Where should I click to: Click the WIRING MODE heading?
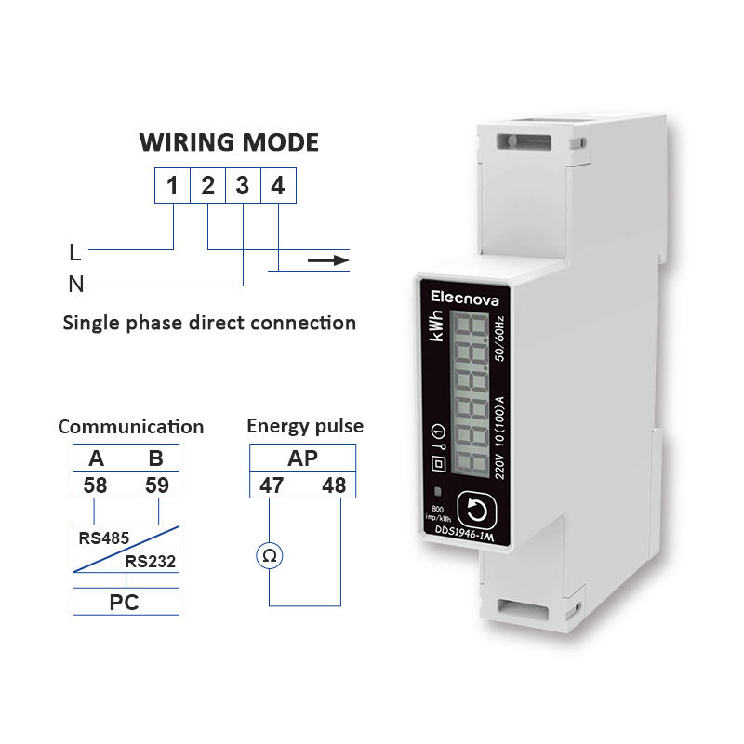point(229,142)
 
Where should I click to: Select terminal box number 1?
point(172,186)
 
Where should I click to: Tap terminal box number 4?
point(277,186)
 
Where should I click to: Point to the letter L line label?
point(74,251)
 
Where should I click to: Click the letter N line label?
point(75,285)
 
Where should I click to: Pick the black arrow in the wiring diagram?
point(327,260)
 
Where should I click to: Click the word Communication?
point(130,427)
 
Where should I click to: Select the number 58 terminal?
point(95,485)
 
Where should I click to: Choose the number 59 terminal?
point(156,485)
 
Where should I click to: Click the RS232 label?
point(151,561)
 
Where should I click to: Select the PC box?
point(125,602)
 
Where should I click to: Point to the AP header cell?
point(302,458)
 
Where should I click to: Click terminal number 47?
point(272,485)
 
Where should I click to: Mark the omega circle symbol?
point(270,555)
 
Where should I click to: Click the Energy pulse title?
point(305,427)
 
